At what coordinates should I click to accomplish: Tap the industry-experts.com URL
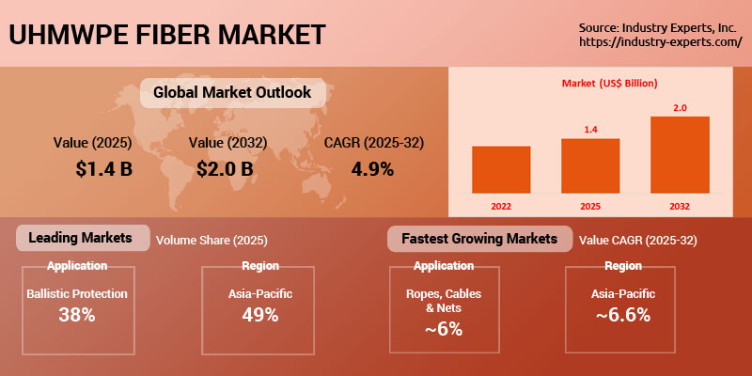tap(661, 42)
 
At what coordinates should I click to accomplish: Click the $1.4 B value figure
tap(105, 169)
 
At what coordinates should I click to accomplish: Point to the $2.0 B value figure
tap(226, 169)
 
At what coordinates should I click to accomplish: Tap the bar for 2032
tap(680, 154)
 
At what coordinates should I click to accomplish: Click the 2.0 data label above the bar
tap(680, 108)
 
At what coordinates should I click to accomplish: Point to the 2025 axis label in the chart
tap(590, 204)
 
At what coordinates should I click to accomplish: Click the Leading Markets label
tap(82, 238)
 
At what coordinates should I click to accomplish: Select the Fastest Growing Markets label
tap(479, 239)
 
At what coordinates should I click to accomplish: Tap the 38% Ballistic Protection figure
tap(76, 315)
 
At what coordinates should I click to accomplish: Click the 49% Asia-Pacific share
tap(258, 315)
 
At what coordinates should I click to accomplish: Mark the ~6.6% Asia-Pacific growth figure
tap(622, 315)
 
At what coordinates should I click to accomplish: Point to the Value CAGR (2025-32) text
tap(638, 241)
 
